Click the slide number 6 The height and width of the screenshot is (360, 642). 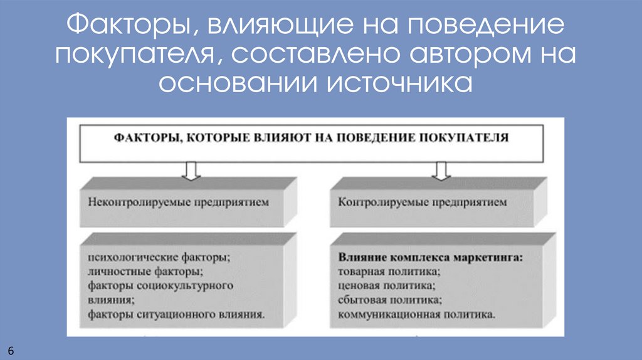pyautogui.click(x=11, y=349)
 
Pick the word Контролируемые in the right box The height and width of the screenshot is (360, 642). pyautogui.click(x=377, y=203)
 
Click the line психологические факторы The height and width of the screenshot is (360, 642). pyautogui.click(x=159, y=257)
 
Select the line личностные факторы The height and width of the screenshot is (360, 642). pyautogui.click(x=145, y=272)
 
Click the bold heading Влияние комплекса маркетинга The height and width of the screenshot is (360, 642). pyautogui.click(x=431, y=257)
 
